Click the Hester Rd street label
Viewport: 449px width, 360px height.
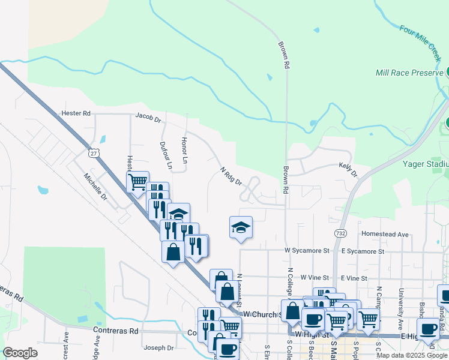(x=75, y=113)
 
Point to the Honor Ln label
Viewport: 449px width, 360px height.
(x=185, y=151)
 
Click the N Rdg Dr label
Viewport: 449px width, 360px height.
(x=230, y=176)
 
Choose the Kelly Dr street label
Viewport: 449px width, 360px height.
(x=348, y=169)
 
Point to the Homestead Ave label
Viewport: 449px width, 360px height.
(x=384, y=234)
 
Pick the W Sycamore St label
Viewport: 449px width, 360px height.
(x=307, y=250)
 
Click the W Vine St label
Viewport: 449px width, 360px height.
(x=315, y=278)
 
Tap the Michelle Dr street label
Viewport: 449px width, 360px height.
(x=95, y=187)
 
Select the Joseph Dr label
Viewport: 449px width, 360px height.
(x=158, y=347)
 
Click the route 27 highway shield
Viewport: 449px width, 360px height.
(x=93, y=154)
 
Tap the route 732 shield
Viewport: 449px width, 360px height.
(x=340, y=232)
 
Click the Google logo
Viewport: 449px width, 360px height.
(x=21, y=353)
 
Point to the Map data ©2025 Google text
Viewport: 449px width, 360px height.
(x=412, y=355)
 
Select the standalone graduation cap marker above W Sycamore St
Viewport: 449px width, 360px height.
(x=241, y=228)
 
